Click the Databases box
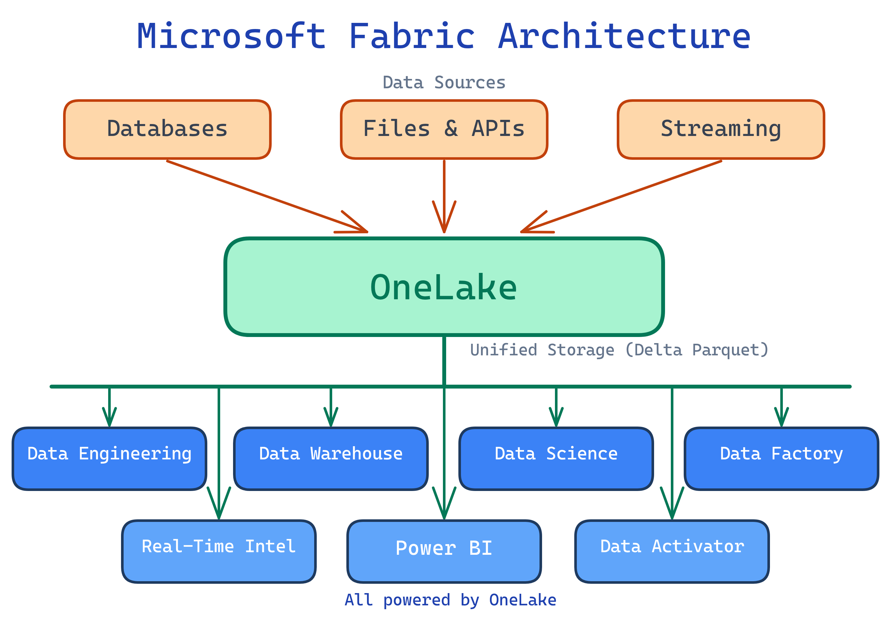click(x=167, y=130)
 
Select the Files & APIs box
click(x=444, y=130)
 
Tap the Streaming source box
click(x=721, y=130)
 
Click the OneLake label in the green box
click(x=444, y=288)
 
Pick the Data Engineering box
click(x=109, y=458)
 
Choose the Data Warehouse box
click(x=331, y=458)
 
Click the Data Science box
click(x=556, y=458)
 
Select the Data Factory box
click(x=781, y=458)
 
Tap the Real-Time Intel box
click(x=219, y=551)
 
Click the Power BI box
click(x=444, y=551)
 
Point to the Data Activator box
click(x=672, y=551)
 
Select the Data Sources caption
click(x=444, y=83)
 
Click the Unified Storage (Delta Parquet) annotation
click(x=619, y=350)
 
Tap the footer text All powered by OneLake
click(x=450, y=600)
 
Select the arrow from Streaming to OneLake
click(x=621, y=197)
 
